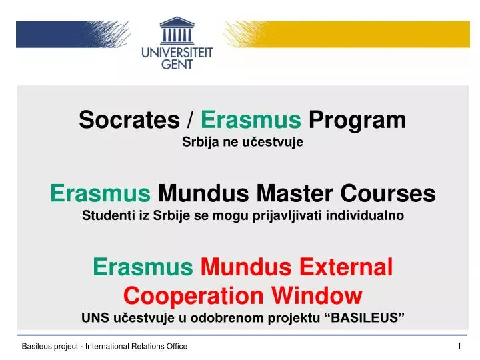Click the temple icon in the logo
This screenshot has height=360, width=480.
click(177, 30)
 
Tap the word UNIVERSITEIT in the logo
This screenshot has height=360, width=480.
click(177, 53)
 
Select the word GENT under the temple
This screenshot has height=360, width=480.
click(177, 64)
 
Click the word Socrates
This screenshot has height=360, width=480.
click(129, 120)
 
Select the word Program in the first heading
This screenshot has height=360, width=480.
click(357, 121)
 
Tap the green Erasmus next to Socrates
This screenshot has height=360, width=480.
click(251, 120)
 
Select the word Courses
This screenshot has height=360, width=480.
click(388, 193)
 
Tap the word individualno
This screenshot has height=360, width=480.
click(365, 215)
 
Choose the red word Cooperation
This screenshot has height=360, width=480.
click(193, 296)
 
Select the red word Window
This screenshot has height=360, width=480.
click(317, 296)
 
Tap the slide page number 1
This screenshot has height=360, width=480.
click(459, 346)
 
